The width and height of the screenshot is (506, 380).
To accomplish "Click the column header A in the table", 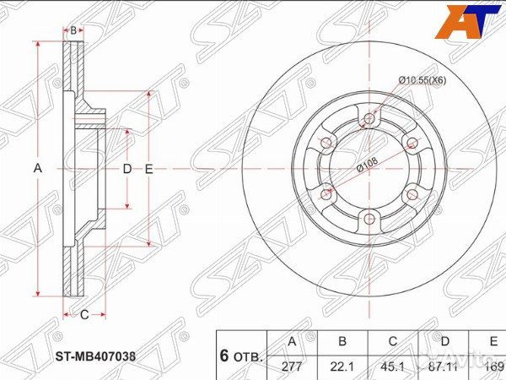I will click(291, 342).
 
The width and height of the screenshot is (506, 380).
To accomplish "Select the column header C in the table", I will click(392, 342).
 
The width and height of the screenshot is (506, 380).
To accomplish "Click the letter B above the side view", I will click(73, 31).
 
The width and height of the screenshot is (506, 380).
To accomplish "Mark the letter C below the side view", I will click(84, 315).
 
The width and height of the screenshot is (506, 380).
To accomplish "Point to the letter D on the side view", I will click(127, 169).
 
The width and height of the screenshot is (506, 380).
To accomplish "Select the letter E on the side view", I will click(148, 169).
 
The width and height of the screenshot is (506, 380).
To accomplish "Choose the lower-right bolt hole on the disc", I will click(412, 194).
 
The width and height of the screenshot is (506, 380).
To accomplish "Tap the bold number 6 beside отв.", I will click(225, 355).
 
